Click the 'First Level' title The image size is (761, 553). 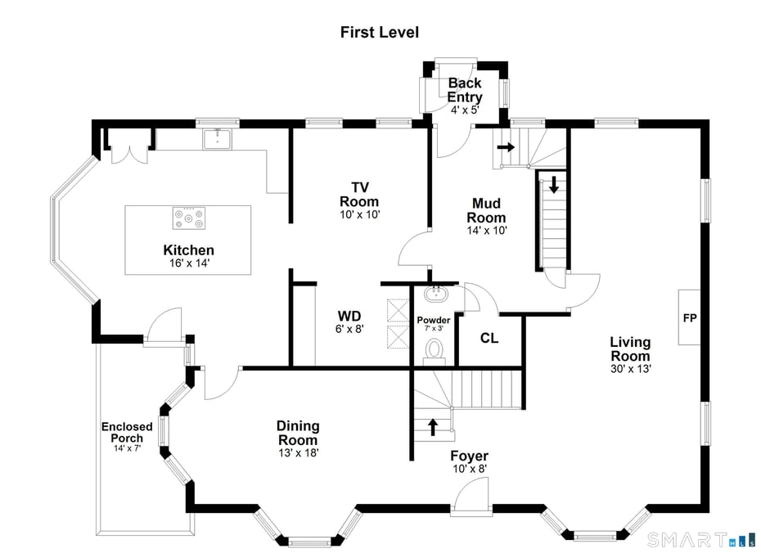[x=380, y=33]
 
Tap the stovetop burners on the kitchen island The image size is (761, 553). [x=188, y=218]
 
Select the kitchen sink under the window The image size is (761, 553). [x=217, y=139]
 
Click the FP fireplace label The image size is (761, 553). [x=690, y=317]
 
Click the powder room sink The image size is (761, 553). [x=434, y=294]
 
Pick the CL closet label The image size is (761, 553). [x=489, y=338]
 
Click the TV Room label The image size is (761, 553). [x=359, y=195]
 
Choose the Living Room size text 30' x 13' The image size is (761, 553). [x=630, y=368]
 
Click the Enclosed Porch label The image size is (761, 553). [x=127, y=432]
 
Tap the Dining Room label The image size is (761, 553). [x=298, y=432]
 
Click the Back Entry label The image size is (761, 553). [x=464, y=90]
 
